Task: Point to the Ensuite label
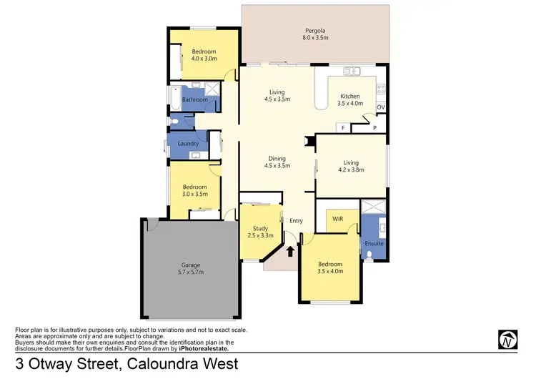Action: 374,243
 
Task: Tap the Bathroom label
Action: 194,100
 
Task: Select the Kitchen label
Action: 349,97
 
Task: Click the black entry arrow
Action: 290,250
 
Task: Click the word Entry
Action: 297,220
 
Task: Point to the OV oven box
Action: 380,107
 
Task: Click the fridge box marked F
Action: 343,127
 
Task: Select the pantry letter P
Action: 374,127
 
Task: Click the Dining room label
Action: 277,159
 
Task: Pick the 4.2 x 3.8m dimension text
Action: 350,170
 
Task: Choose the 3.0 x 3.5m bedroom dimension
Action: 194,193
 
